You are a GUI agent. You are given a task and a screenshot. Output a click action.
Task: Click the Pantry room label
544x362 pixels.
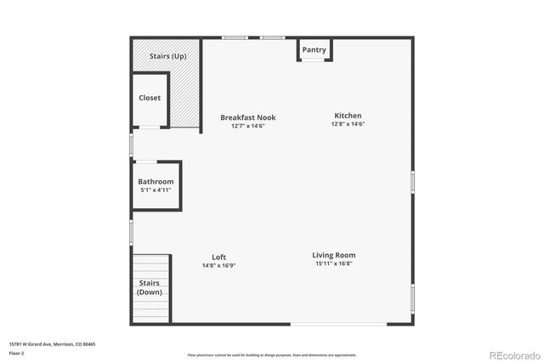tap(314, 50)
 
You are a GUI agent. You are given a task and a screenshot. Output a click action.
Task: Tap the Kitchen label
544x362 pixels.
tap(348, 116)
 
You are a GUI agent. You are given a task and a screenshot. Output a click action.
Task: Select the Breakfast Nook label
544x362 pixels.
tap(248, 117)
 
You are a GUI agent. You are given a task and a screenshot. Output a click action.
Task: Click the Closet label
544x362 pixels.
tap(150, 98)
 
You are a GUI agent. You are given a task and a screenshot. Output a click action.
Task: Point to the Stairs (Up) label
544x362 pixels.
tap(167, 56)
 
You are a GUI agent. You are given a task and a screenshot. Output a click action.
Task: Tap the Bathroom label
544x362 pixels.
tap(156, 182)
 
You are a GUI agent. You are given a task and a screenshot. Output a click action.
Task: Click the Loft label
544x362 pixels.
tap(218, 257)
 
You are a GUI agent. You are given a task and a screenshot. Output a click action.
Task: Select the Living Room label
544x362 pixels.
tap(333, 255)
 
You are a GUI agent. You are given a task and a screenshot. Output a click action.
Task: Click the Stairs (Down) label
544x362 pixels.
tap(150, 288)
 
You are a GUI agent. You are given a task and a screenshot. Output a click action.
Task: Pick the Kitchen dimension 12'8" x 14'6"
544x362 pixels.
tap(348, 125)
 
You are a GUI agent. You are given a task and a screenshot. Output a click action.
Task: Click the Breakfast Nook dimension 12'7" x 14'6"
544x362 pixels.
tap(248, 127)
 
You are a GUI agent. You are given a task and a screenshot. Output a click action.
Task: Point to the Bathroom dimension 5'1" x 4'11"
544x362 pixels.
tap(156, 190)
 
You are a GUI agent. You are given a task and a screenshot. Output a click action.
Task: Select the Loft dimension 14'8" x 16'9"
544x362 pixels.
tap(218, 266)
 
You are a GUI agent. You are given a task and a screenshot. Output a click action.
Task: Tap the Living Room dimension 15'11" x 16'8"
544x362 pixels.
tap(333, 264)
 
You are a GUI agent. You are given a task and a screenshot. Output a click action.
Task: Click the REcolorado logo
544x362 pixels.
tap(513, 354)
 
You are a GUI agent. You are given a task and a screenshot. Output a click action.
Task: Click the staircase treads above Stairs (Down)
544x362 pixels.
tap(150, 264)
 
